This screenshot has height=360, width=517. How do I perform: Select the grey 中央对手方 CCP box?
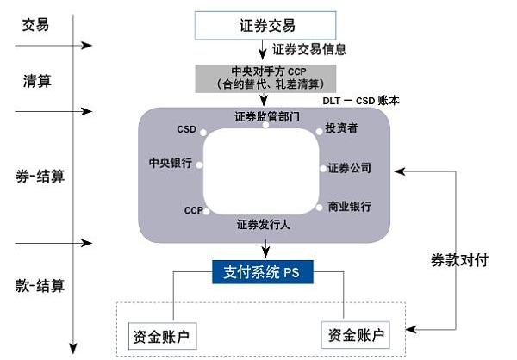coord(264,78)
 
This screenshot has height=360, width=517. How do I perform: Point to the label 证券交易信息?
coord(309,49)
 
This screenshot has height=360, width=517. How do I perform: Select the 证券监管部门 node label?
coord(266,115)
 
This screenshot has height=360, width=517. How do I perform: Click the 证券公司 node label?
coord(349,168)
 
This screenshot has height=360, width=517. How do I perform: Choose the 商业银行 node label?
coord(349,207)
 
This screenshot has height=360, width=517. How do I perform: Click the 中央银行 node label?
coord(172,163)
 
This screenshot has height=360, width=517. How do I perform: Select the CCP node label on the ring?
coord(193,210)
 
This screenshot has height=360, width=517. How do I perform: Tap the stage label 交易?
coord(35,24)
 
